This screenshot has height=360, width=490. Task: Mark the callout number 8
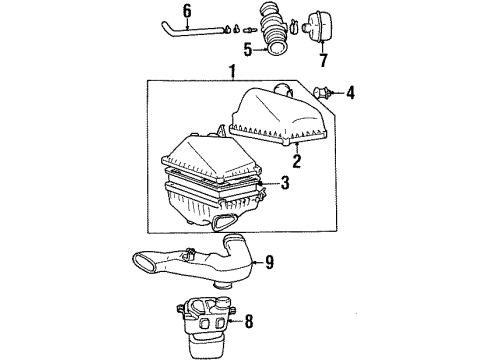click(x=251, y=322)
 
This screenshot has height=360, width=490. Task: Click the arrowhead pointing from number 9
click(x=254, y=263)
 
